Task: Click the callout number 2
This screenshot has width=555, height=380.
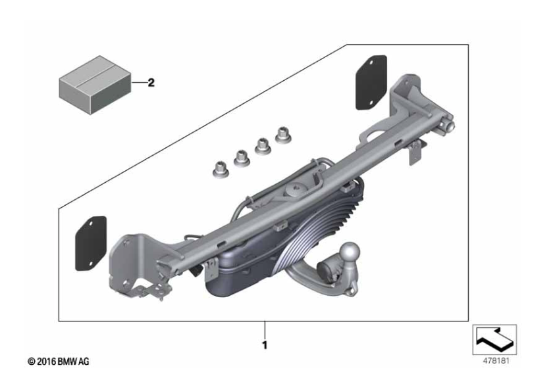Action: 151,83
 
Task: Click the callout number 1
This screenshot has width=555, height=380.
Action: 265,345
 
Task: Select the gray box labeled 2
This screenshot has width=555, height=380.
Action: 95,85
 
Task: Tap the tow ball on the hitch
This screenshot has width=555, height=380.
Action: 350,252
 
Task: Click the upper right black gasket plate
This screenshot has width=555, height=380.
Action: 371,82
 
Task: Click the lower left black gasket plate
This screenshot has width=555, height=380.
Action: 91,243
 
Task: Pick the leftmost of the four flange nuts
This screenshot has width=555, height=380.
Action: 221,170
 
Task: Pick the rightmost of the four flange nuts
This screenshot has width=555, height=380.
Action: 283,135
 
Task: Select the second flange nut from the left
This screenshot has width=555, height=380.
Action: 242,158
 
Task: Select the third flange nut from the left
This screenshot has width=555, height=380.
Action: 263,147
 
